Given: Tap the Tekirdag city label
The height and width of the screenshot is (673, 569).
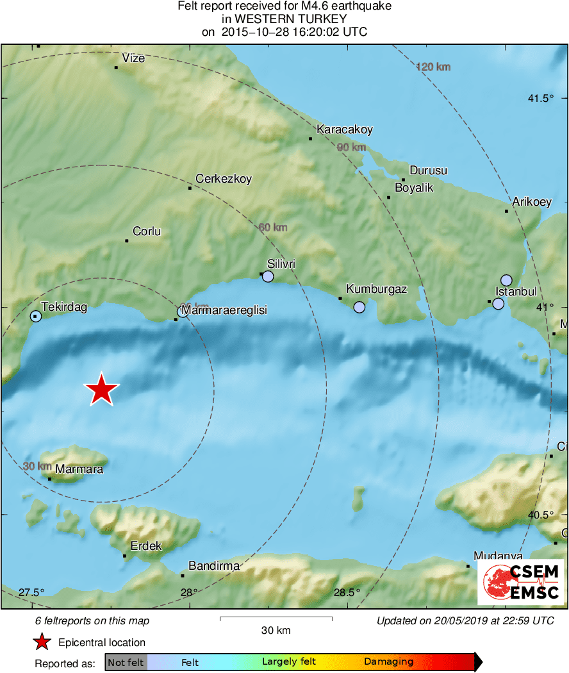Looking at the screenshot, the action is coord(64,307).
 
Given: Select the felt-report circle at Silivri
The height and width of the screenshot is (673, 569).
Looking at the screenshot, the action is coord(268,277).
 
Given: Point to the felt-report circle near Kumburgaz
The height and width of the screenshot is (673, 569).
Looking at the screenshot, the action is coord(359,307).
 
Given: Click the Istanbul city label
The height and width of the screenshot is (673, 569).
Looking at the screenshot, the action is coord(516,292).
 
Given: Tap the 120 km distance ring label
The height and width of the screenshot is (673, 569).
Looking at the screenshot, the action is coord(433,67).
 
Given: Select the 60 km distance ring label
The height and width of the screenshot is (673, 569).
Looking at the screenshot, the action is coord(273,228).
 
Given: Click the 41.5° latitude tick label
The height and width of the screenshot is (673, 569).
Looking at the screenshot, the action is coord(540,98).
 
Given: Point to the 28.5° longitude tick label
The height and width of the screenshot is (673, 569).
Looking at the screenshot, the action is coord(347,592).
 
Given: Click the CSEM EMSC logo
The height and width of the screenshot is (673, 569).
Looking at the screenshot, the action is coord(521,582).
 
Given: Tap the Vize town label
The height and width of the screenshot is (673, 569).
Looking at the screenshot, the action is coord(134,58).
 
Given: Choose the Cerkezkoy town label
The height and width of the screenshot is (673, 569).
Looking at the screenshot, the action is coord(224,179).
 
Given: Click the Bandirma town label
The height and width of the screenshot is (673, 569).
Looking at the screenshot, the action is coord(214,566).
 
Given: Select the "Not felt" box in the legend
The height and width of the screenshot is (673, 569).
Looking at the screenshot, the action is coord(126,662).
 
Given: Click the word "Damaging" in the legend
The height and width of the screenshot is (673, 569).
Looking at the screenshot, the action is coord(388,662).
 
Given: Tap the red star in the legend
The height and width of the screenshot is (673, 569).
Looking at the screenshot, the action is coord(42,642).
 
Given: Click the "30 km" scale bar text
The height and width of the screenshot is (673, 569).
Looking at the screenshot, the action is coord(276,630).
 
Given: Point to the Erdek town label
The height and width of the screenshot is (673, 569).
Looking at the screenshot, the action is coord(146,546).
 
